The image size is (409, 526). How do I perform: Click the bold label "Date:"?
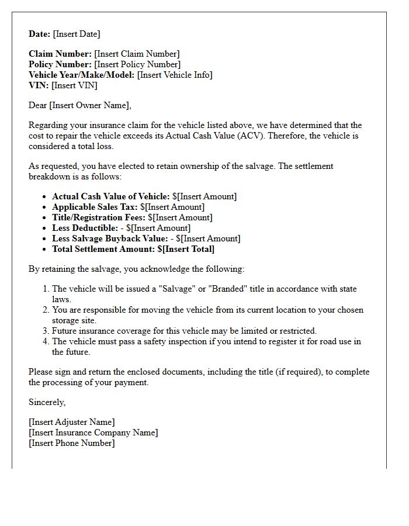40,34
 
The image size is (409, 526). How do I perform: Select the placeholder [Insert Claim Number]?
137,54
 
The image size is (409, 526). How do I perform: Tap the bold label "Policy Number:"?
60,64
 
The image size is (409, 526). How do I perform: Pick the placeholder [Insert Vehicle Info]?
175,75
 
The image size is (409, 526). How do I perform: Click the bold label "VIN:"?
39,85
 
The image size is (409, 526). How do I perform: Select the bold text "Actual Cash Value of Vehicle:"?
111,196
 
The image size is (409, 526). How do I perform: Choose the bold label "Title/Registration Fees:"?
99,217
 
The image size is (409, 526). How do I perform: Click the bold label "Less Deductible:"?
85,228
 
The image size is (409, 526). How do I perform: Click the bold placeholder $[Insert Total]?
186,249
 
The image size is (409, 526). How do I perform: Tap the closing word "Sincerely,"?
47,402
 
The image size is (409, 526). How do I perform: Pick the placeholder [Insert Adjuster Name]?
72,422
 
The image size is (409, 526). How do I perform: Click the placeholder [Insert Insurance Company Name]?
93,432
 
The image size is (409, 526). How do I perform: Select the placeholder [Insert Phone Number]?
72,443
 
